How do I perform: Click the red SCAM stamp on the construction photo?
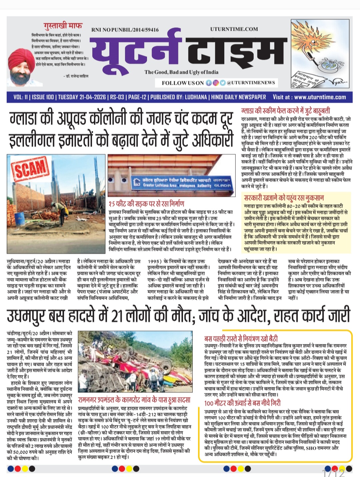pos(30,169)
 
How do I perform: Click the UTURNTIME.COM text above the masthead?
pos(234,29)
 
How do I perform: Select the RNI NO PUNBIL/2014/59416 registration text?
pos(125,30)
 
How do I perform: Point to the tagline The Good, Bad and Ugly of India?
pos(181,72)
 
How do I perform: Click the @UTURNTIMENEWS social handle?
pos(251,83)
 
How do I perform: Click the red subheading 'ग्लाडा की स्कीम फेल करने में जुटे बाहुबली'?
pos(285,111)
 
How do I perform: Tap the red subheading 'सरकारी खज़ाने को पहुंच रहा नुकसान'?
pos(284,198)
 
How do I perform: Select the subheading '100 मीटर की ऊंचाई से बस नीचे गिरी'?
pos(242,403)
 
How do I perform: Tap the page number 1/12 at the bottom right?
pos(333,473)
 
